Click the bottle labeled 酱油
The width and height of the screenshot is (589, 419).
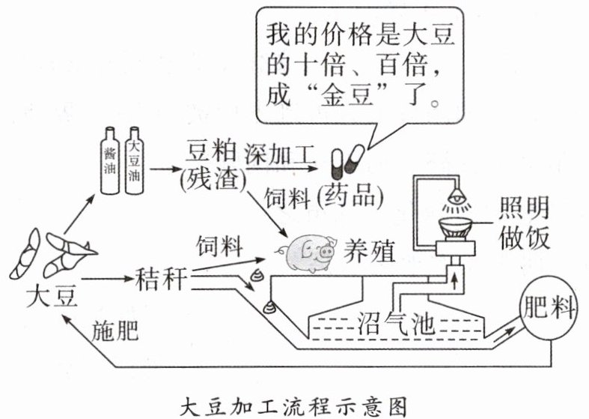pyautogui.click(x=111, y=164)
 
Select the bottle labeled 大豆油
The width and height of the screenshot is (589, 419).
pyautogui.click(x=135, y=164)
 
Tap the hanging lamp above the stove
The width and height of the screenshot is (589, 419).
pyautogui.click(x=454, y=201)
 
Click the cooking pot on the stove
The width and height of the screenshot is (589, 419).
pyautogui.click(x=454, y=227)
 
